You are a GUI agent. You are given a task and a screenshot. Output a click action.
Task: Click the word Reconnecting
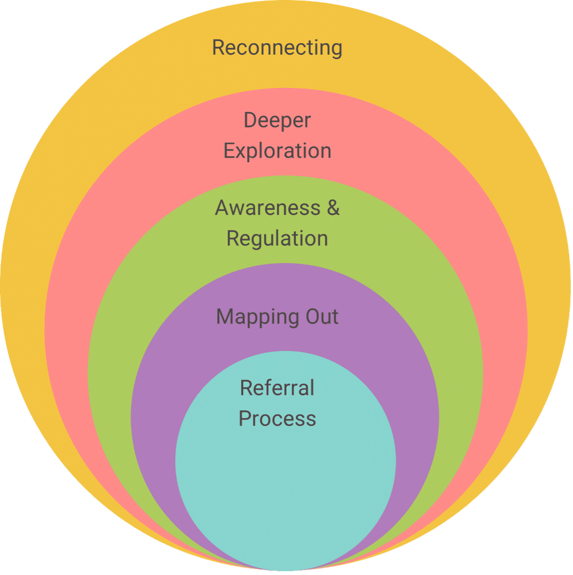[277, 48]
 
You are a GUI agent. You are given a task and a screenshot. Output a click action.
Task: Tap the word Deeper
[277, 121]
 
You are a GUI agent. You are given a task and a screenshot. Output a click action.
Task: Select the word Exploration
[277, 151]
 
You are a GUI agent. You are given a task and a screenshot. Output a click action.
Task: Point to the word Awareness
[268, 208]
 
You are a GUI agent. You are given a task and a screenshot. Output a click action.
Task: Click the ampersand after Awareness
[333, 208]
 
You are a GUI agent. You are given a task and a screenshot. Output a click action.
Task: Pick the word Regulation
[277, 238]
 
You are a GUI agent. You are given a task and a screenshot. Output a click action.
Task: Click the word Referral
[277, 388]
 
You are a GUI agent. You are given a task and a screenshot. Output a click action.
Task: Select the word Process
[277, 418]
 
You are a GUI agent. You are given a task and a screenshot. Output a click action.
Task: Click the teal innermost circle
[285, 482]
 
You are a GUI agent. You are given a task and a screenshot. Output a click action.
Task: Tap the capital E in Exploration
[229, 151]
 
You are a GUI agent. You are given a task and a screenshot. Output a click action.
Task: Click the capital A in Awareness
[222, 208]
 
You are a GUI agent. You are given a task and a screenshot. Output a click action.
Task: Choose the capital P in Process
[245, 418]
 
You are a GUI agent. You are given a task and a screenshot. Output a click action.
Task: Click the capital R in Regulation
[233, 238]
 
